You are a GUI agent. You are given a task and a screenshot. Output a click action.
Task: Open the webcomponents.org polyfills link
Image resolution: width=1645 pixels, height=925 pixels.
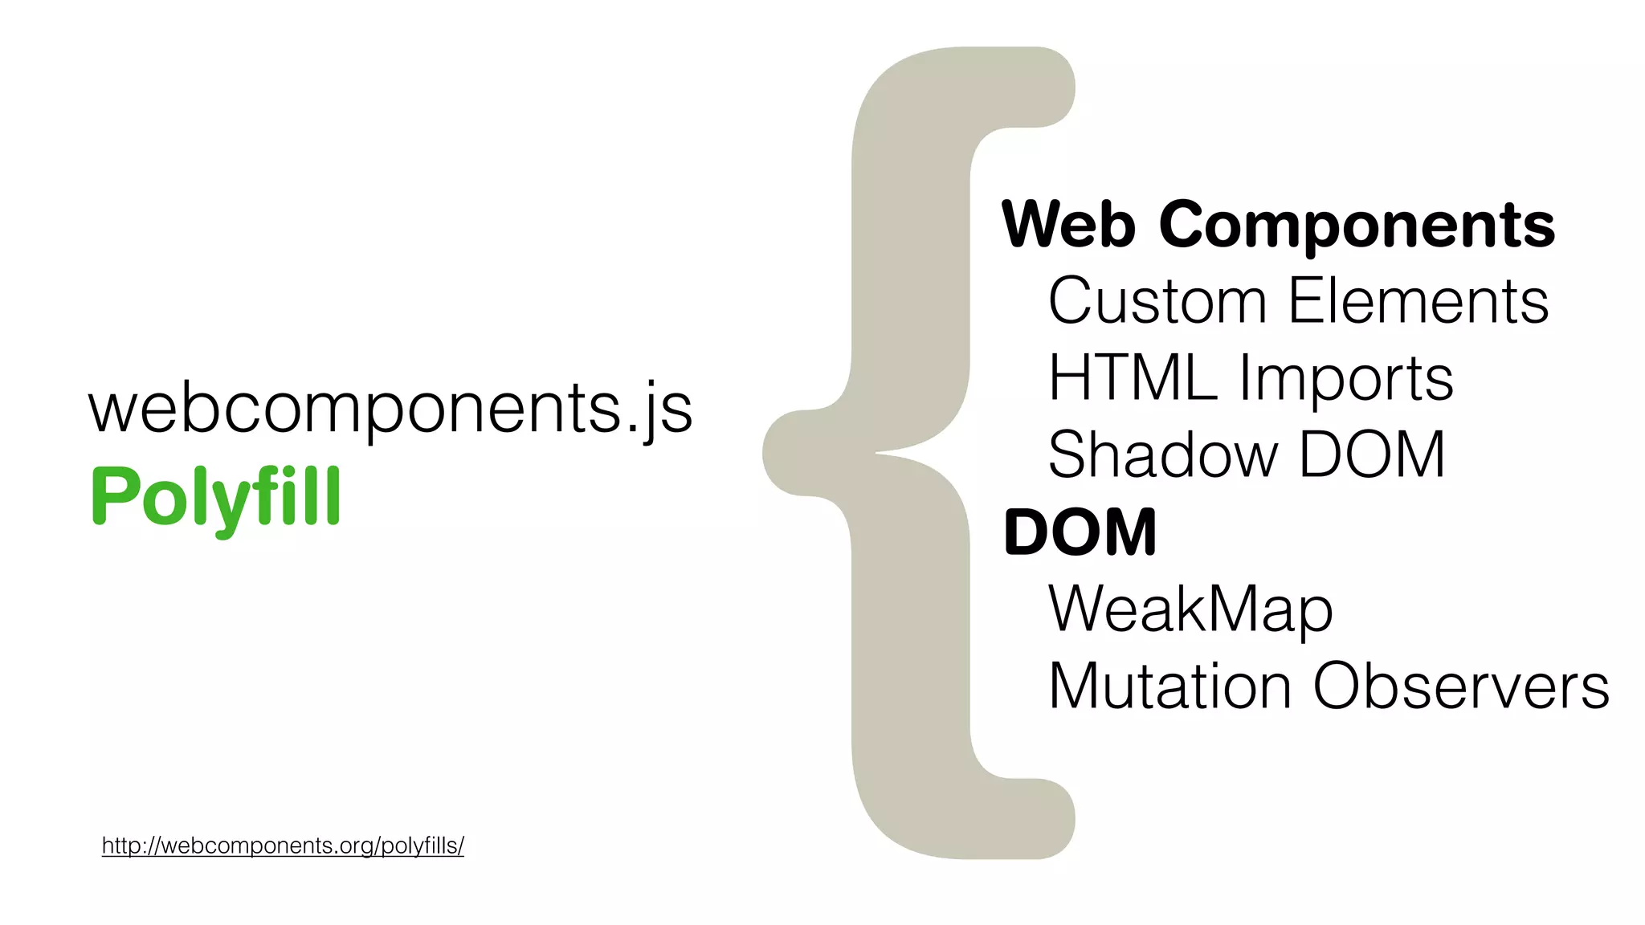tap(283, 846)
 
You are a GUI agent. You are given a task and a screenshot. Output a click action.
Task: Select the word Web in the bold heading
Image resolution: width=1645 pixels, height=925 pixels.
tap(1068, 225)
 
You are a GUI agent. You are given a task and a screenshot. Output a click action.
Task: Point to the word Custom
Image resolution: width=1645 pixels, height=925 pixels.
tap(1157, 301)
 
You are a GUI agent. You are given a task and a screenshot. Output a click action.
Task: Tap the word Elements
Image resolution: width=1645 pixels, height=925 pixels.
tap(1418, 301)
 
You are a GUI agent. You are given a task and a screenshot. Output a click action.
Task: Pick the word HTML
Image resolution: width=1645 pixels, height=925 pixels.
tap(1132, 377)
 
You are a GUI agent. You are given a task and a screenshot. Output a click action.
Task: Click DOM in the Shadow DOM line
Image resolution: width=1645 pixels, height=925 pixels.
tap(1372, 454)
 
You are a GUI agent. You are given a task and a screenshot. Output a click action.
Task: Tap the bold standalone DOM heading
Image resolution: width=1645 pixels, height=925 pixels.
tap(1080, 532)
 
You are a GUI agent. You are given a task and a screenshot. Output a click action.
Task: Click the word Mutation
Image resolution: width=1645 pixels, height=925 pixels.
tap(1169, 687)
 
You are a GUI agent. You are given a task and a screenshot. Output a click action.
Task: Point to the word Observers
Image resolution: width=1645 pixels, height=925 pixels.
tap(1461, 687)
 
